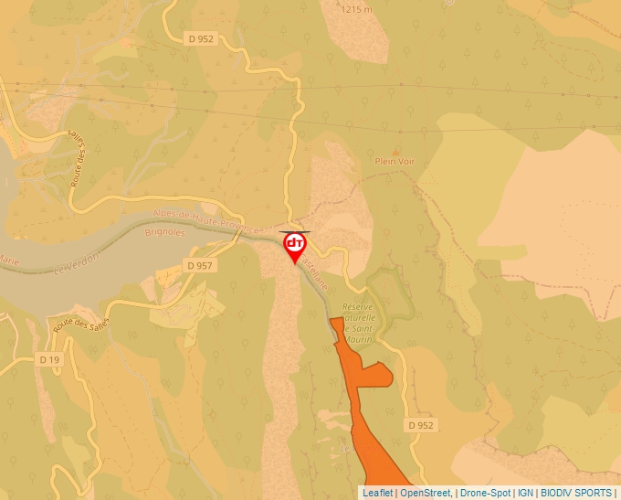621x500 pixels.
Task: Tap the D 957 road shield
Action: tap(198, 265)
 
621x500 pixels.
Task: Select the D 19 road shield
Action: tap(49, 359)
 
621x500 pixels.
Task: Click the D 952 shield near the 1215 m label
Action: tap(201, 38)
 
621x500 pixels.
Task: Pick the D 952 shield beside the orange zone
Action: tap(420, 425)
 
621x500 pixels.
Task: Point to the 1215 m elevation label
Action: tap(355, 9)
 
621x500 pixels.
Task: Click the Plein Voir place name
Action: tap(395, 162)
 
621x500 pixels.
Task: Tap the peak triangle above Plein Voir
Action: tap(395, 149)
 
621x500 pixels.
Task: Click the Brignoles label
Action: tap(164, 233)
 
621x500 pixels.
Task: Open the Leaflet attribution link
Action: tap(377, 493)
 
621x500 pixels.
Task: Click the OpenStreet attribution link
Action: tap(426, 493)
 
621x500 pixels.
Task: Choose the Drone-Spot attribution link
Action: tap(485, 493)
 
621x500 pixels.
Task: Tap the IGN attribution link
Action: tap(526, 493)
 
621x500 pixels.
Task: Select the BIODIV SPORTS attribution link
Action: tap(577, 493)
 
